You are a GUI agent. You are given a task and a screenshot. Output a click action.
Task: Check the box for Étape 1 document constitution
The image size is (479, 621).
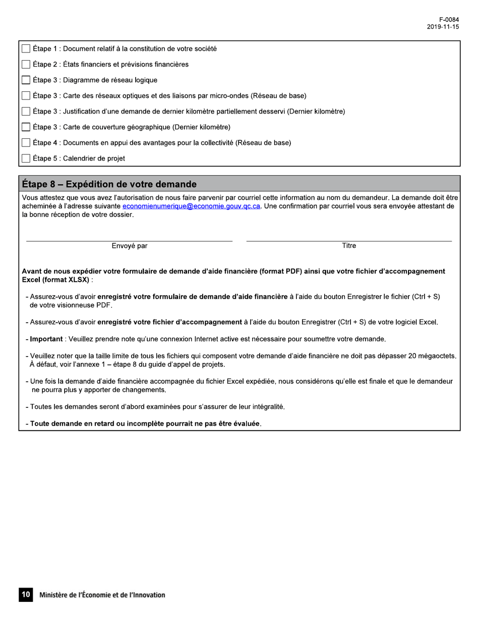click(x=26, y=49)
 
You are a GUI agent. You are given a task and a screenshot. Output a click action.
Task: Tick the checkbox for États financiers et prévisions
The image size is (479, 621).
click(x=26, y=65)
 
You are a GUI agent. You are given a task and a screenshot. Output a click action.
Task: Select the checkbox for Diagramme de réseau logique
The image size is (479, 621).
click(x=26, y=80)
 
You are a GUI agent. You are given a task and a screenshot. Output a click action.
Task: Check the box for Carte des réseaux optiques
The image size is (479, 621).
click(x=26, y=96)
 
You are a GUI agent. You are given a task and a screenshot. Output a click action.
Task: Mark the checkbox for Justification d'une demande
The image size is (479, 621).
click(x=26, y=112)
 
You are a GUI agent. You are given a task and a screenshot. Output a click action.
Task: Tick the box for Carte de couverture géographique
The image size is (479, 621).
click(x=26, y=127)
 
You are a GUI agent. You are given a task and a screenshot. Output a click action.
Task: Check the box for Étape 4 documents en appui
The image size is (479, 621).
click(x=26, y=143)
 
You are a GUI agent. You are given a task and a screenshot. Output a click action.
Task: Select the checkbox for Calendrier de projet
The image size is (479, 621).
click(x=26, y=159)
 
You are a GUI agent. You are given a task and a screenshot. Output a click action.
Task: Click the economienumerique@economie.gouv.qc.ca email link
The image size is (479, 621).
click(x=191, y=206)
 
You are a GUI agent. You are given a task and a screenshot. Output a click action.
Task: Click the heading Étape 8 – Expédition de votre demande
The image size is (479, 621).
click(x=109, y=184)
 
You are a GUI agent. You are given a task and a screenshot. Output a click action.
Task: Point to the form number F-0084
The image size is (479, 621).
click(x=449, y=20)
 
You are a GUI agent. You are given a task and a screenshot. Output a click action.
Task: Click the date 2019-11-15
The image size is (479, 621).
click(x=443, y=27)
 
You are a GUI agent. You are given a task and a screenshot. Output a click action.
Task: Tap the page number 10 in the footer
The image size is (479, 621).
click(x=25, y=595)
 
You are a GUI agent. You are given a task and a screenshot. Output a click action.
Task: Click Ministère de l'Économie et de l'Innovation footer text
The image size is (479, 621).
click(x=102, y=595)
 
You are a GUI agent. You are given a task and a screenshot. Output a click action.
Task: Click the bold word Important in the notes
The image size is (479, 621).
click(x=46, y=339)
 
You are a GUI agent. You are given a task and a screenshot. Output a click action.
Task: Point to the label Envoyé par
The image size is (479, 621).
click(x=130, y=246)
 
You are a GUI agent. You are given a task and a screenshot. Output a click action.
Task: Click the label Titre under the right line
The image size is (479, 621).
click(x=349, y=246)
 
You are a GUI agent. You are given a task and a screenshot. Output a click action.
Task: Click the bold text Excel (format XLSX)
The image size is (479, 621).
click(x=55, y=280)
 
